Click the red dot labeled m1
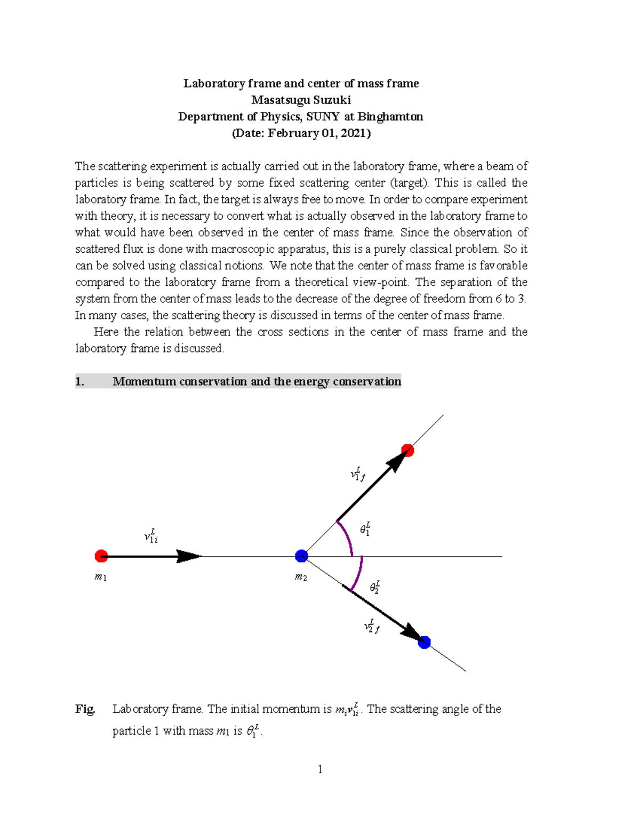(x=101, y=556)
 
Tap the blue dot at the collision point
(x=301, y=556)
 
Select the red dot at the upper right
(x=407, y=451)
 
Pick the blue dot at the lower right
(x=424, y=642)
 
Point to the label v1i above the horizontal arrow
(x=151, y=536)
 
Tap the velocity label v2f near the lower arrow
(x=371, y=626)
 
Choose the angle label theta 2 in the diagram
(x=374, y=586)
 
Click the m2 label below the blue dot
(x=301, y=577)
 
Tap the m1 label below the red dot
(x=100, y=577)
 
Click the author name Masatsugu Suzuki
(x=301, y=100)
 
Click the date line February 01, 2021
(x=301, y=133)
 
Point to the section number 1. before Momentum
(x=79, y=381)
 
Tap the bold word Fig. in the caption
(x=85, y=709)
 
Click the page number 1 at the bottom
(x=320, y=769)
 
